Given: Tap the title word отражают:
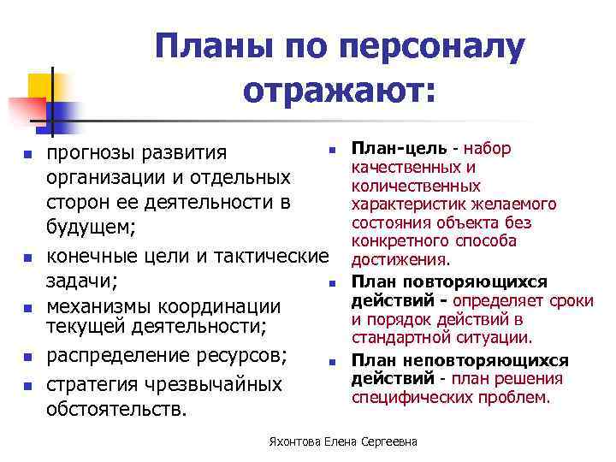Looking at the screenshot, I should (x=339, y=89).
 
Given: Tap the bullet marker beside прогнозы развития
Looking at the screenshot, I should (x=27, y=155).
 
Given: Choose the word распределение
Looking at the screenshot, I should (x=107, y=354).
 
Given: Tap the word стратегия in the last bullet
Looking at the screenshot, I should (x=94, y=384).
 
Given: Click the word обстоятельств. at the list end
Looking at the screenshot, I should (x=115, y=409).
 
